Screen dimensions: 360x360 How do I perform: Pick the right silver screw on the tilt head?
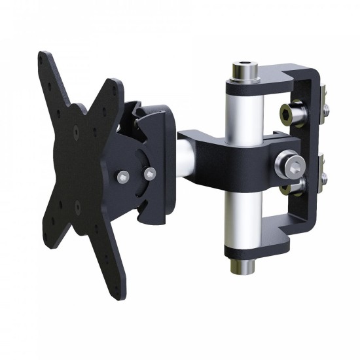pos(151,173)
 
